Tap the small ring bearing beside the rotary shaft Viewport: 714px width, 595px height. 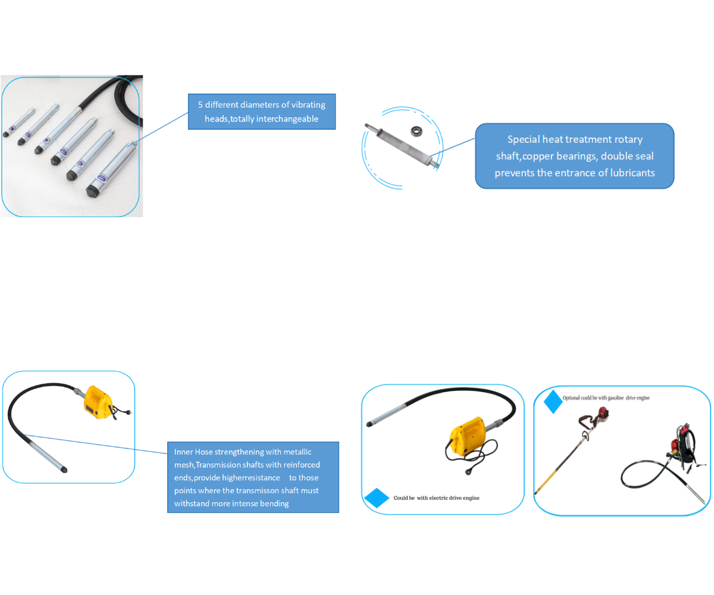pos(416,129)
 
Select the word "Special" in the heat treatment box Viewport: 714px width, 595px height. pos(525,139)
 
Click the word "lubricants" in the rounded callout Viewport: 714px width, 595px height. pos(625,173)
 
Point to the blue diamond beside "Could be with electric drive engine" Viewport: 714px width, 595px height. pos(376,497)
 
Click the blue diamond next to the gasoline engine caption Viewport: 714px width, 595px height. pos(553,402)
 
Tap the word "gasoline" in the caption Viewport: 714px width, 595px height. pos(611,397)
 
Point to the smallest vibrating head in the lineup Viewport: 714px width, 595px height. pos(17,123)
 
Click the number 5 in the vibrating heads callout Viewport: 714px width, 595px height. pos(201,105)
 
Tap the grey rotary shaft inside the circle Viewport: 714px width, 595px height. pos(402,146)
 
